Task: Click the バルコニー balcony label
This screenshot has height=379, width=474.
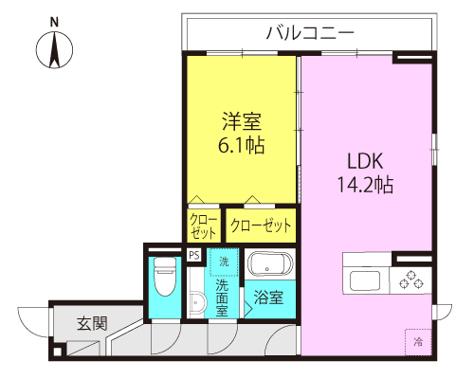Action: point(310,33)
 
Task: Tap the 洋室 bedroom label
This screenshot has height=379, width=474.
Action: point(242,121)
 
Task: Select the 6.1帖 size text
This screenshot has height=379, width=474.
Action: point(242,145)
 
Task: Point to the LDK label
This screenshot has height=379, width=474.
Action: point(365,161)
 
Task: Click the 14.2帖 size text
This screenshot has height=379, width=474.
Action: point(366,185)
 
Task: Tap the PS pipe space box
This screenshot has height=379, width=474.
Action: point(194,255)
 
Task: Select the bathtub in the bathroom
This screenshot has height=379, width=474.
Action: point(270,264)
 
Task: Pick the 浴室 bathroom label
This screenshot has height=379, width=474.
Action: point(268,298)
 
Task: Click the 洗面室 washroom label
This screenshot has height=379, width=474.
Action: point(222,298)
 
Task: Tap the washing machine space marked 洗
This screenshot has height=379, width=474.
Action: point(224,262)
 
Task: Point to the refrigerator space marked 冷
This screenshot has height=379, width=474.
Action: point(418,342)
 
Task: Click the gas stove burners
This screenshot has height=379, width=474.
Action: point(410,280)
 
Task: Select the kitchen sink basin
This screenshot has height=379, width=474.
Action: point(365,280)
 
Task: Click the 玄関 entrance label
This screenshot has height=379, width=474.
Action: point(92,324)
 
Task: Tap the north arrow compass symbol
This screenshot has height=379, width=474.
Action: point(54,50)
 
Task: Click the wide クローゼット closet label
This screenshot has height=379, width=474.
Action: point(261,226)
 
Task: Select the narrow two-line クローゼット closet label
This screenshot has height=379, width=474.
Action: point(204,226)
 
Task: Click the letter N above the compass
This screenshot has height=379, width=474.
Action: point(54,23)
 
